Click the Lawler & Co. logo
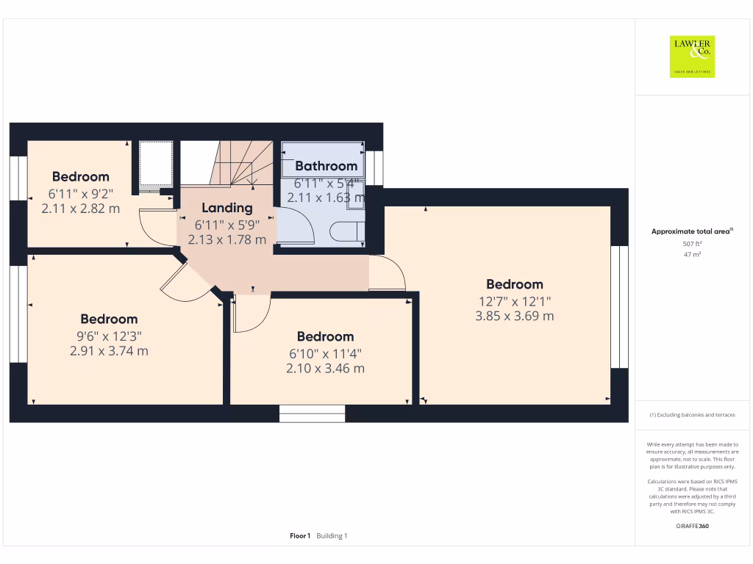point(692,57)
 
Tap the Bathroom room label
point(326,166)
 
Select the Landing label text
point(227,208)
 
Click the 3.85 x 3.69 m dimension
point(514,317)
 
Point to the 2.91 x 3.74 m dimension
point(109,351)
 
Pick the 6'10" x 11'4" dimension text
point(325,353)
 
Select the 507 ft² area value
point(691,244)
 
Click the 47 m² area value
point(691,255)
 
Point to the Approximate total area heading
point(691,231)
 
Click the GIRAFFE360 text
point(691,526)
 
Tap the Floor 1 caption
point(300,536)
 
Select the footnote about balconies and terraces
point(691,415)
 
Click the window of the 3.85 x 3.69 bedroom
point(619,306)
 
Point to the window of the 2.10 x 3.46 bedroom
point(312,414)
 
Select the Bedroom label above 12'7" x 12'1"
point(514,284)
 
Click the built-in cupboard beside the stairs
point(155,164)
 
